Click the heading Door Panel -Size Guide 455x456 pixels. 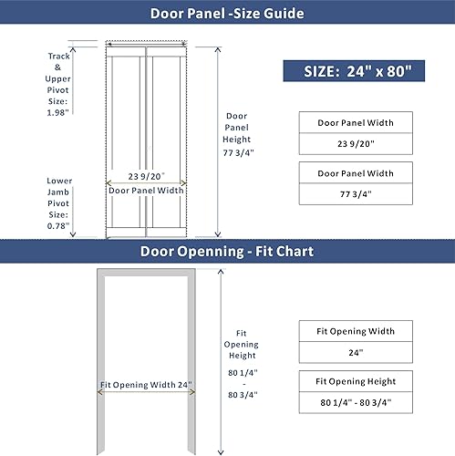coord(227,14)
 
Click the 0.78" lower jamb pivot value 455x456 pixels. coord(59,224)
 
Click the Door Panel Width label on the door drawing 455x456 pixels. coord(146,191)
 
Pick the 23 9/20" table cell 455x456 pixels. coord(356,142)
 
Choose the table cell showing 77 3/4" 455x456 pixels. coord(356,193)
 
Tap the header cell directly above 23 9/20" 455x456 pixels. coord(356,122)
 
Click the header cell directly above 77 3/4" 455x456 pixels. coord(356,172)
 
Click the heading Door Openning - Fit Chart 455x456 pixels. coord(227,252)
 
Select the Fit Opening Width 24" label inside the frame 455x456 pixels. coord(146,386)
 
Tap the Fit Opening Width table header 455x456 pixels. coord(356,332)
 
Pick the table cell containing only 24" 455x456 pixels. coord(356,352)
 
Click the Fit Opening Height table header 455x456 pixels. coord(356,381)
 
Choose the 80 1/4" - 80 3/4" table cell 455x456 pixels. coord(356,402)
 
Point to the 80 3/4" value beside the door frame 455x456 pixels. coord(242,394)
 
